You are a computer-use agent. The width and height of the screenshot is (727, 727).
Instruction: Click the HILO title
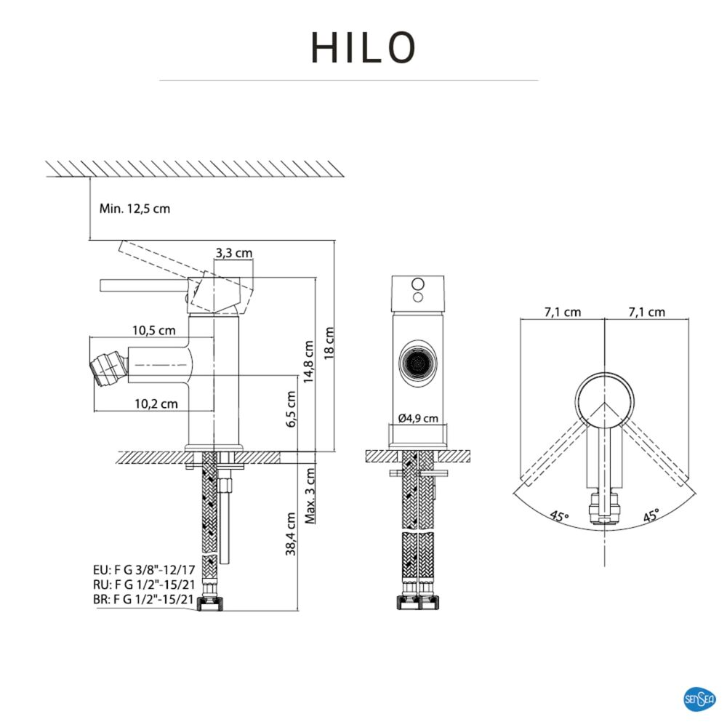click(x=363, y=47)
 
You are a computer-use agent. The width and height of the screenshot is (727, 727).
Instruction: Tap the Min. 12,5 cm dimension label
click(x=134, y=209)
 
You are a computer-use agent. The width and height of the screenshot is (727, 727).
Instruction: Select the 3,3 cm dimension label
click(x=234, y=254)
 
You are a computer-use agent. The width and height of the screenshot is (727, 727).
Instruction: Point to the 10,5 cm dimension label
click(x=154, y=331)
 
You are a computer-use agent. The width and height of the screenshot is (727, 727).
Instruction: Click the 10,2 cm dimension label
click(x=156, y=403)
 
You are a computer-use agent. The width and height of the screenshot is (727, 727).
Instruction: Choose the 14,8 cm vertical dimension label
click(x=309, y=361)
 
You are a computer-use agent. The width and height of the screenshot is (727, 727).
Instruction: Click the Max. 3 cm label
click(x=310, y=497)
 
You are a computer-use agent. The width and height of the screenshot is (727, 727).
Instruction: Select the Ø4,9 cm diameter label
click(x=418, y=418)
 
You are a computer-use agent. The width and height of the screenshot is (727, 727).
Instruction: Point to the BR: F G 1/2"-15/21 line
click(x=144, y=600)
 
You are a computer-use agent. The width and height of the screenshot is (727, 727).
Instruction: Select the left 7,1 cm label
click(x=563, y=313)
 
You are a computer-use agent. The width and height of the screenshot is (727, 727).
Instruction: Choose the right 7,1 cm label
click(x=647, y=313)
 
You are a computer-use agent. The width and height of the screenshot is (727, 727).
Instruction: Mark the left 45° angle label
click(x=559, y=517)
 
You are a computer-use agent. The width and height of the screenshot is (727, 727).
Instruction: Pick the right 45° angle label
click(x=651, y=517)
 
